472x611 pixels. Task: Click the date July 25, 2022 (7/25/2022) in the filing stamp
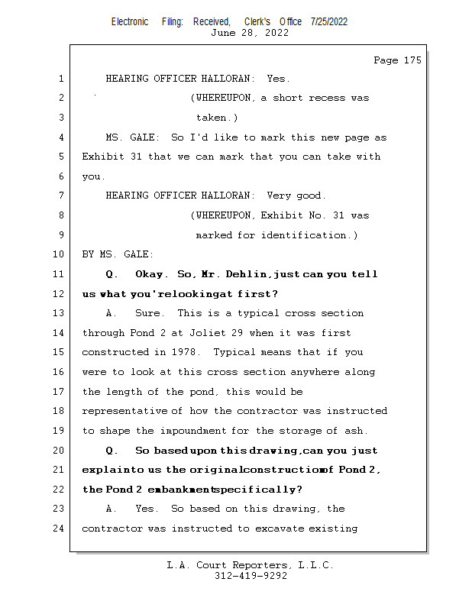tap(329, 21)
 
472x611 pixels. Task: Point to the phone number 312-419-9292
tap(251, 576)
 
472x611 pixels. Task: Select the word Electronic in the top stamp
tap(130, 21)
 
